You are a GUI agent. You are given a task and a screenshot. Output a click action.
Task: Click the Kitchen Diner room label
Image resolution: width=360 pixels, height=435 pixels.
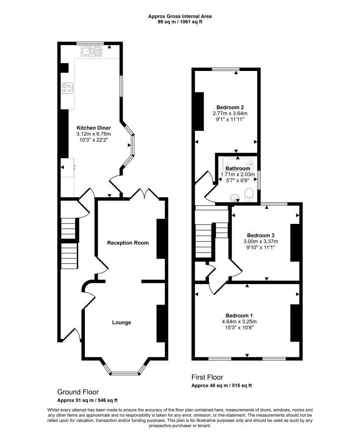click(x=93, y=128)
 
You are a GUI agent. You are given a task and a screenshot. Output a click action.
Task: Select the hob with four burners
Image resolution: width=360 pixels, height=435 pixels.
click(x=67, y=88)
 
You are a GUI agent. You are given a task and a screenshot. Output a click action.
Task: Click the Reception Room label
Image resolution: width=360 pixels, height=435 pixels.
click(x=128, y=243)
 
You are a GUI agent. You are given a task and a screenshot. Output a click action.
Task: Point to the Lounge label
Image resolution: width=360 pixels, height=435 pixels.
click(x=121, y=322)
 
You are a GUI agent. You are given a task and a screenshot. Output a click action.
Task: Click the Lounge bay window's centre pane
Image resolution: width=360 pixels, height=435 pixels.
click(x=125, y=374)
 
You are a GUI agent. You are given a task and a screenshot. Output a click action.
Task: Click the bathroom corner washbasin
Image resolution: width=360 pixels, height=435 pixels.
click(x=234, y=197)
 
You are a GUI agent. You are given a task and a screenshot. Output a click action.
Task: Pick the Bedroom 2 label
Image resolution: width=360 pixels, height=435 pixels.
click(x=230, y=107)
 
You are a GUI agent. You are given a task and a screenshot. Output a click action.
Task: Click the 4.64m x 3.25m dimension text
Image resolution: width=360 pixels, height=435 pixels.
click(x=239, y=322)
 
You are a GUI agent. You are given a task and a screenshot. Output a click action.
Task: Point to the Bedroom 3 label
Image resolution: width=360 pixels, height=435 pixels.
click(x=261, y=235)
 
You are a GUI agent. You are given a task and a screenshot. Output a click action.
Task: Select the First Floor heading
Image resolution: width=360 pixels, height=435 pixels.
click(x=207, y=377)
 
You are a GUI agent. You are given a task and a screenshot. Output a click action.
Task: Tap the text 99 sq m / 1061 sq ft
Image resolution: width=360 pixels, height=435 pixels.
click(x=180, y=22)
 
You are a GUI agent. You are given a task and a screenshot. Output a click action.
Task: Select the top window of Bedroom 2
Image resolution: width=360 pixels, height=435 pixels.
click(x=225, y=69)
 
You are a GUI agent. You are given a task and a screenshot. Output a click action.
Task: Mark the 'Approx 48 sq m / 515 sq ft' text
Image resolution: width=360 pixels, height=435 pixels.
click(x=222, y=386)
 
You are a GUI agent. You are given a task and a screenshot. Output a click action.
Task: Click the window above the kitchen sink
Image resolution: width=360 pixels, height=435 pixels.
click(x=90, y=43)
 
